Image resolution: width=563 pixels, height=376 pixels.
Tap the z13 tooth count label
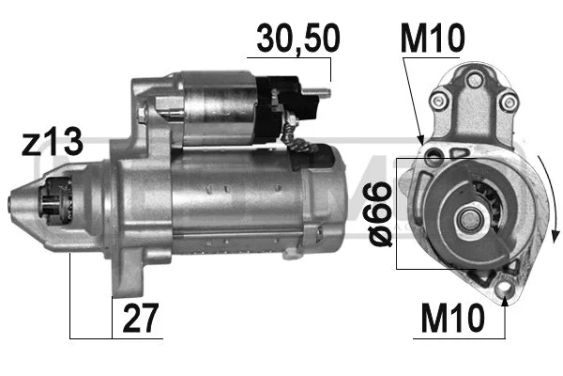tap(51, 143)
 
